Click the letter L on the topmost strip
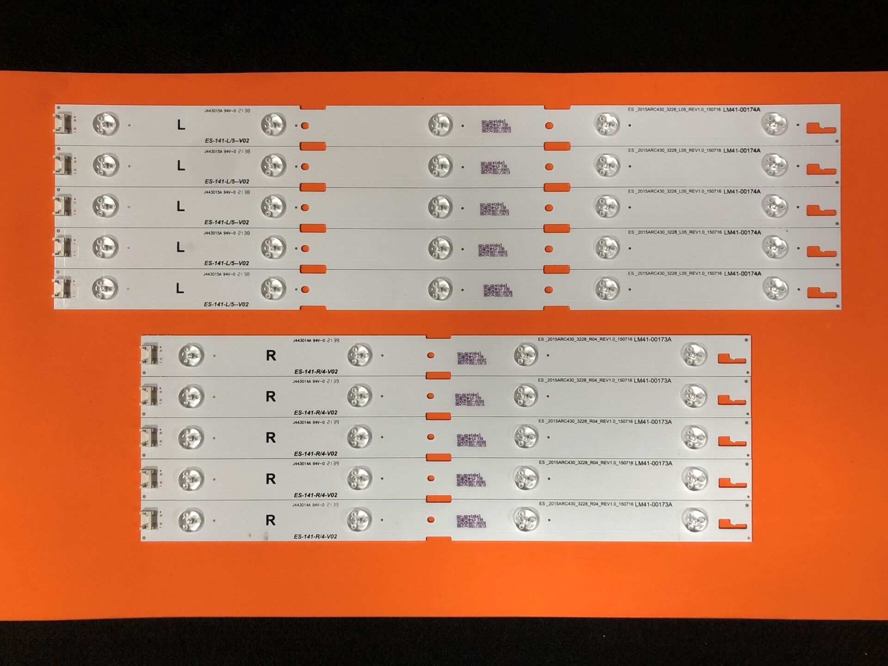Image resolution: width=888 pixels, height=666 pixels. (x=181, y=125)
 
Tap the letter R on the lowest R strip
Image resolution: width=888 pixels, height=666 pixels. (x=271, y=520)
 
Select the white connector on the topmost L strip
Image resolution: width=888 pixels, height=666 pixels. (x=63, y=124)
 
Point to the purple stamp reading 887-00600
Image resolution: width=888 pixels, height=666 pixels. (x=495, y=127)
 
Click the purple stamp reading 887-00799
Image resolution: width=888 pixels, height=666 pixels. (x=498, y=291)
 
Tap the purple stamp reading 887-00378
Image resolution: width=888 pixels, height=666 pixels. (x=471, y=521)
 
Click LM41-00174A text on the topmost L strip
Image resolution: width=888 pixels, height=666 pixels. (x=741, y=110)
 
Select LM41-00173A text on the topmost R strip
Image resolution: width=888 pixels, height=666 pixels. (x=652, y=339)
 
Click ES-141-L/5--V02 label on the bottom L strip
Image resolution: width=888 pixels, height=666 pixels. (x=226, y=304)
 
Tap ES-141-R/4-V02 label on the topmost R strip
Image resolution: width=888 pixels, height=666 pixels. (x=316, y=371)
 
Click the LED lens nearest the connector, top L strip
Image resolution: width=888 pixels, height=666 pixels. (x=105, y=124)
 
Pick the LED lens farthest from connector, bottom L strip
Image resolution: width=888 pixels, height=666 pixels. (x=775, y=289)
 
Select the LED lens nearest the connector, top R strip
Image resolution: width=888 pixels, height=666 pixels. (x=191, y=355)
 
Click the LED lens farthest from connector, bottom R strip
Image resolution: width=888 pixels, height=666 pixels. (x=695, y=520)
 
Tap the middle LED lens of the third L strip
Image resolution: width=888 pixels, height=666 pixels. (x=440, y=207)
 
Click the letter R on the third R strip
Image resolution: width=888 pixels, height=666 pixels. (x=271, y=438)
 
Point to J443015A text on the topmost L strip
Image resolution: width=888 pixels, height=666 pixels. (x=213, y=111)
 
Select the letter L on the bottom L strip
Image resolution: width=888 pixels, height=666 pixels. (x=179, y=289)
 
